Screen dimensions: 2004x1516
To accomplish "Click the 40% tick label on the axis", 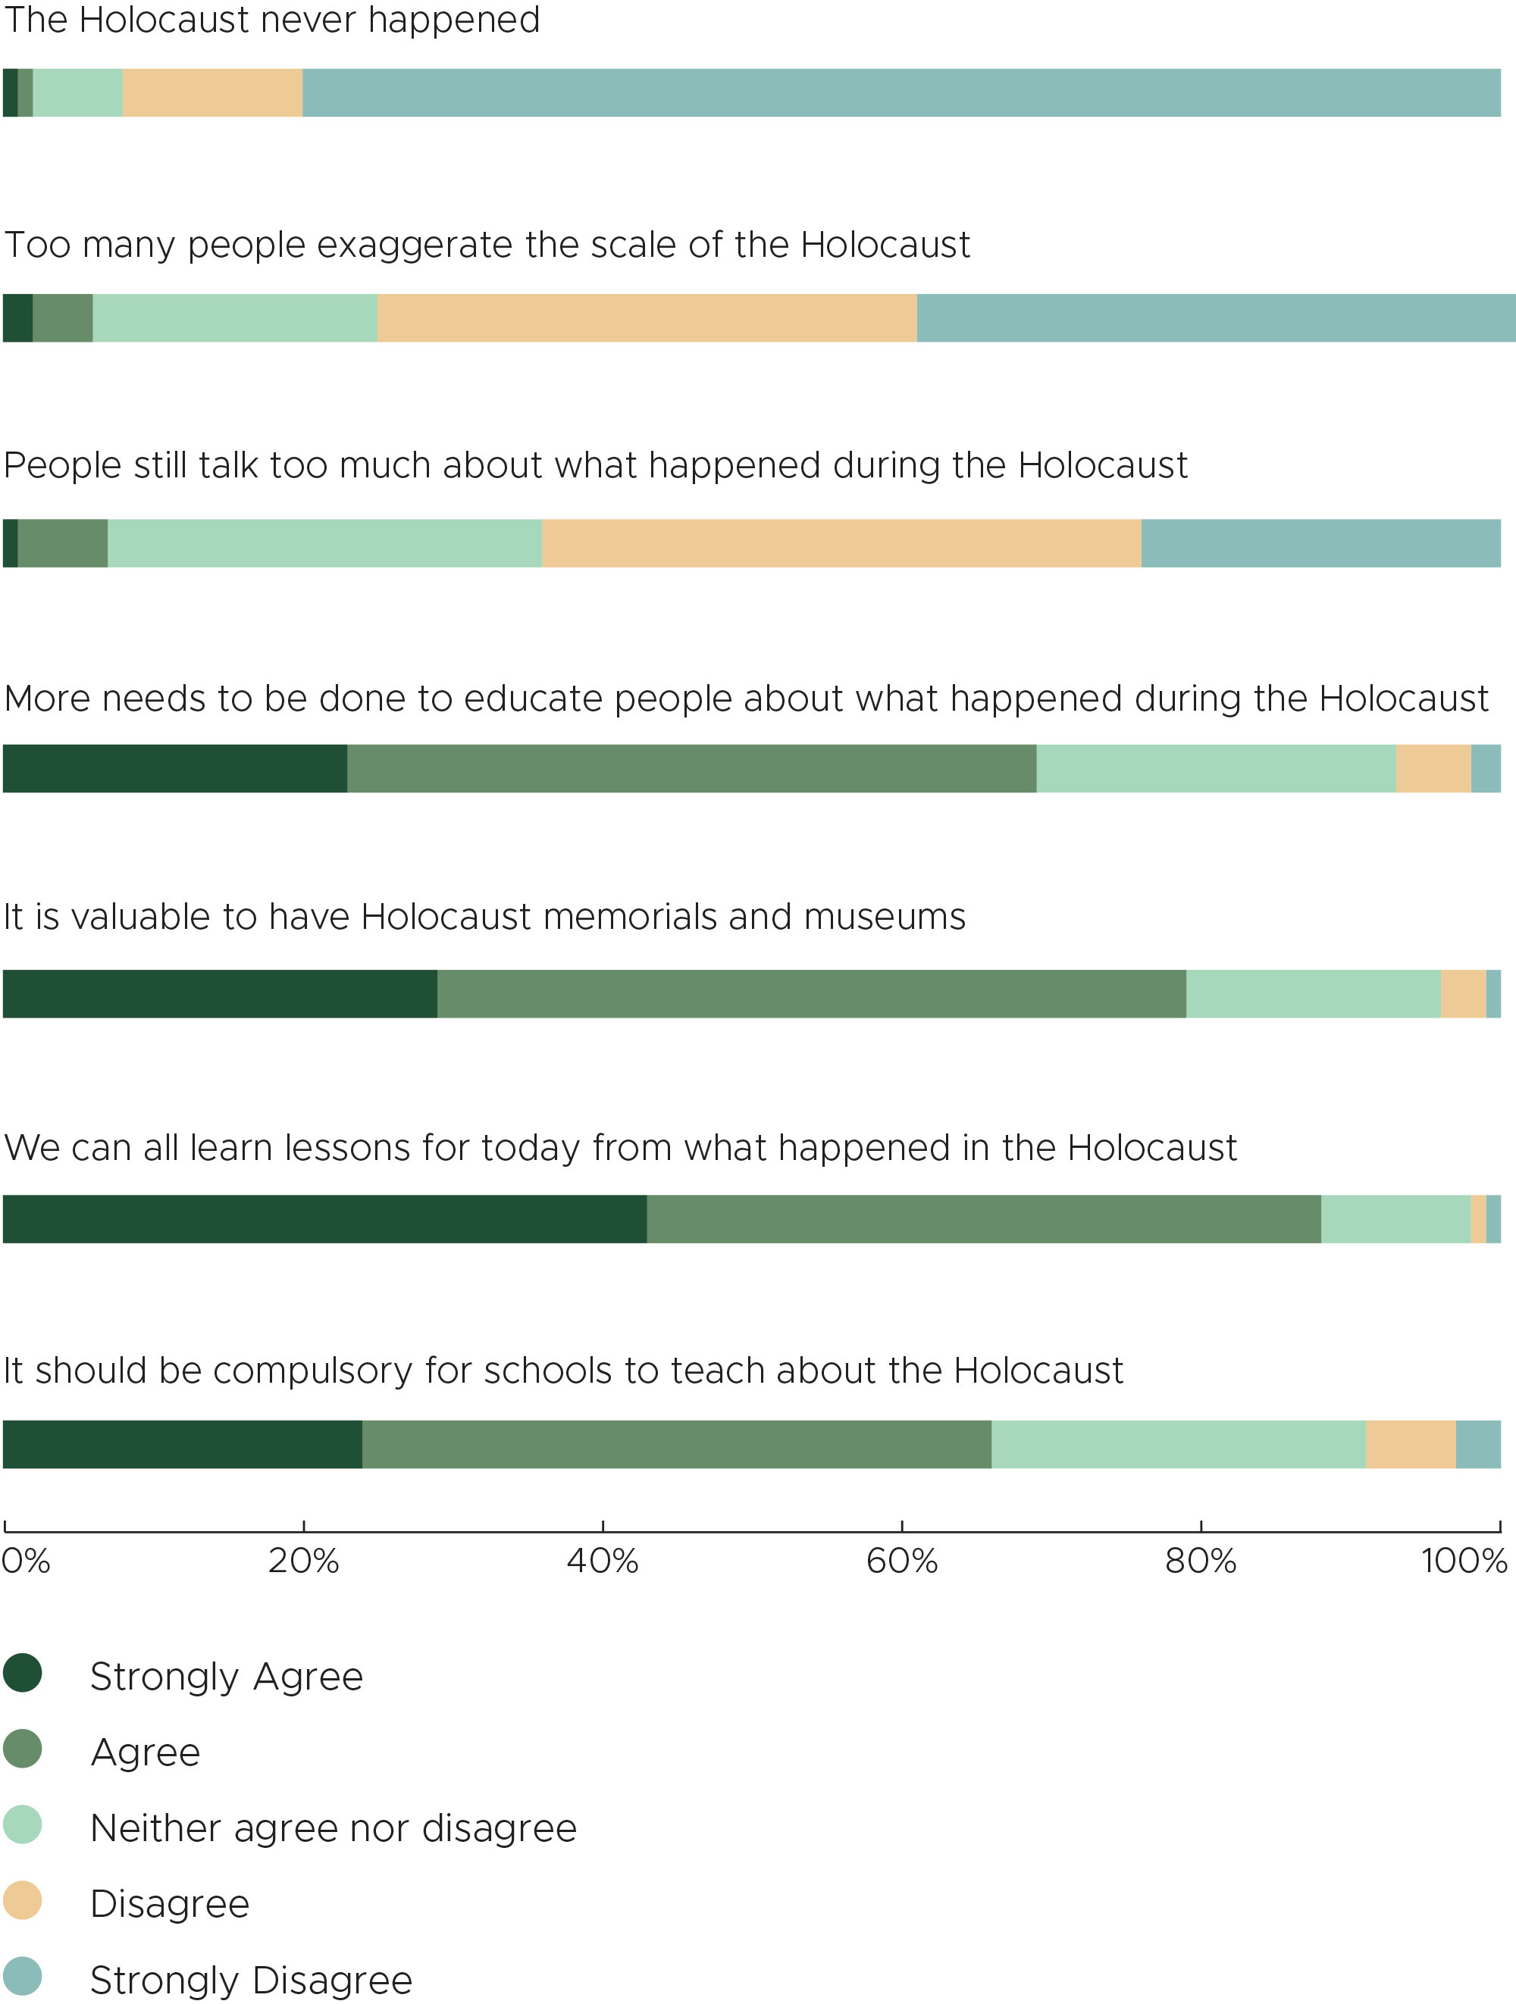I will tap(603, 1561).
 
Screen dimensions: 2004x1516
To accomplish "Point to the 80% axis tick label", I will tap(1201, 1561).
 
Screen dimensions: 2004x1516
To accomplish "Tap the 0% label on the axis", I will tap(25, 1561).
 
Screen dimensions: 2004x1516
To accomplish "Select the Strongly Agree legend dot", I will tap(23, 1672).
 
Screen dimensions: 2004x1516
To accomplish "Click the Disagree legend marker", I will tap(23, 1899).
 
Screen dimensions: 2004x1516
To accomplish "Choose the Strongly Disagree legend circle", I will tap(23, 1976).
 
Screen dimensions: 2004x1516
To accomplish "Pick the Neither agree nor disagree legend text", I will tap(334, 1827).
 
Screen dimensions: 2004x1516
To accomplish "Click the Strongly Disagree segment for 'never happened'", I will tap(901, 92).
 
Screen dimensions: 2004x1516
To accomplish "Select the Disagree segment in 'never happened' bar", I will tap(213, 92).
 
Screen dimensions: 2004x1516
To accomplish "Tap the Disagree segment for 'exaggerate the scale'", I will tap(647, 318).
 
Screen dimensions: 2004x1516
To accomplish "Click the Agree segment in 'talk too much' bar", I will tap(62, 543).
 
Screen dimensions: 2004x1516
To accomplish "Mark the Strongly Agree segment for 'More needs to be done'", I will tap(175, 768).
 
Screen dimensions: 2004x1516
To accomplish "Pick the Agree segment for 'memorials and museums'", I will tap(812, 994).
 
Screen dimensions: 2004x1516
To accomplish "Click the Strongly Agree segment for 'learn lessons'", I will tap(324, 1218).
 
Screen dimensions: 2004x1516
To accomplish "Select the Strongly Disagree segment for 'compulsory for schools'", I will tap(1478, 1444).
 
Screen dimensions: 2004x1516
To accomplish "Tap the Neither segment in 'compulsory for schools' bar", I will tap(1179, 1444).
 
